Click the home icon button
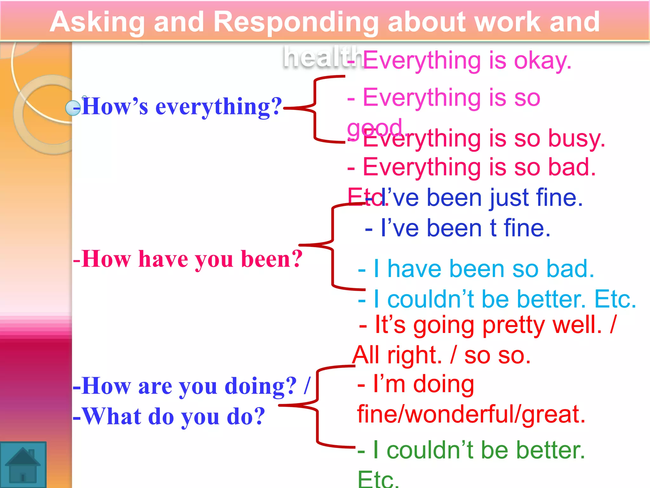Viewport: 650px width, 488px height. pos(23,464)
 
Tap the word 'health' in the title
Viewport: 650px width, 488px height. pos(322,57)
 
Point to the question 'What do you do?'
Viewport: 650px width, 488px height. pos(173,417)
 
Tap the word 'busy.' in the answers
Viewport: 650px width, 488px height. pos(576,139)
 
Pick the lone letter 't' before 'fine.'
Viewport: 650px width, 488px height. pos(493,228)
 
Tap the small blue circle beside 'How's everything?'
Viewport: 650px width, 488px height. pos(73,108)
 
